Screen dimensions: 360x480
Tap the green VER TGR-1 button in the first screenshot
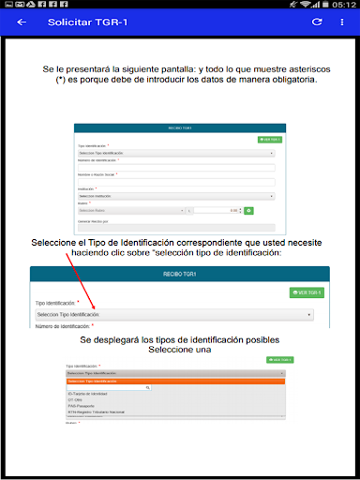(269, 139)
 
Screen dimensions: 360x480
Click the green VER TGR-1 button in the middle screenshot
(307, 292)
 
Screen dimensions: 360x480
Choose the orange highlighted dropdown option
(174, 381)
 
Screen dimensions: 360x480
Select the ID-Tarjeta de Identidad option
(91, 394)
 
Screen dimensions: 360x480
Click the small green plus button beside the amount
(248, 211)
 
